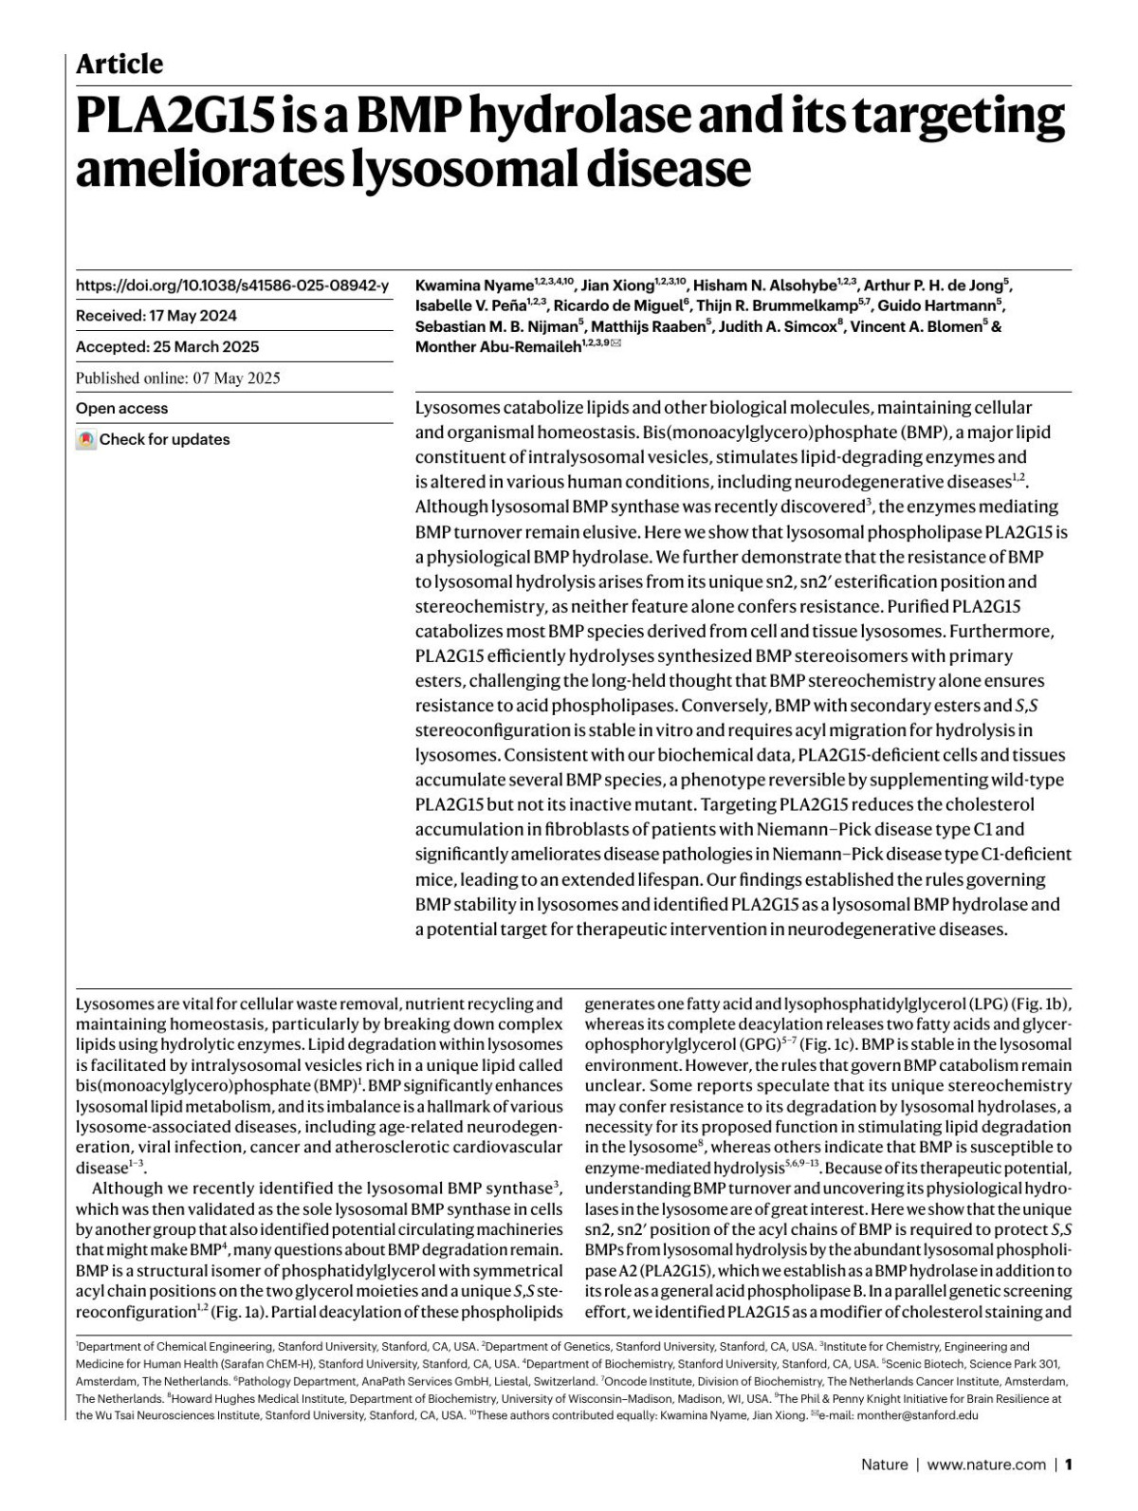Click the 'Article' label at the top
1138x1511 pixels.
[119, 64]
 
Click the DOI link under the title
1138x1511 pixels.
[232, 286]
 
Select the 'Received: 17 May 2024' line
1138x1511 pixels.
[156, 316]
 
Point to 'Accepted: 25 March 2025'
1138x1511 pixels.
[167, 347]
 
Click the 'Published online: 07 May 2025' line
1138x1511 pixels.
[177, 378]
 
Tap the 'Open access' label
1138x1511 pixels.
[121, 409]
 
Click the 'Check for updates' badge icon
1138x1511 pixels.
[86, 440]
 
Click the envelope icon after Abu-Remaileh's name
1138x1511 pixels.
[617, 345]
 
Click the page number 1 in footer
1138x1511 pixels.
[1068, 1465]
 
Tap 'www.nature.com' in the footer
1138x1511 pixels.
[986, 1465]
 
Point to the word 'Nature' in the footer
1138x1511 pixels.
[884, 1465]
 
